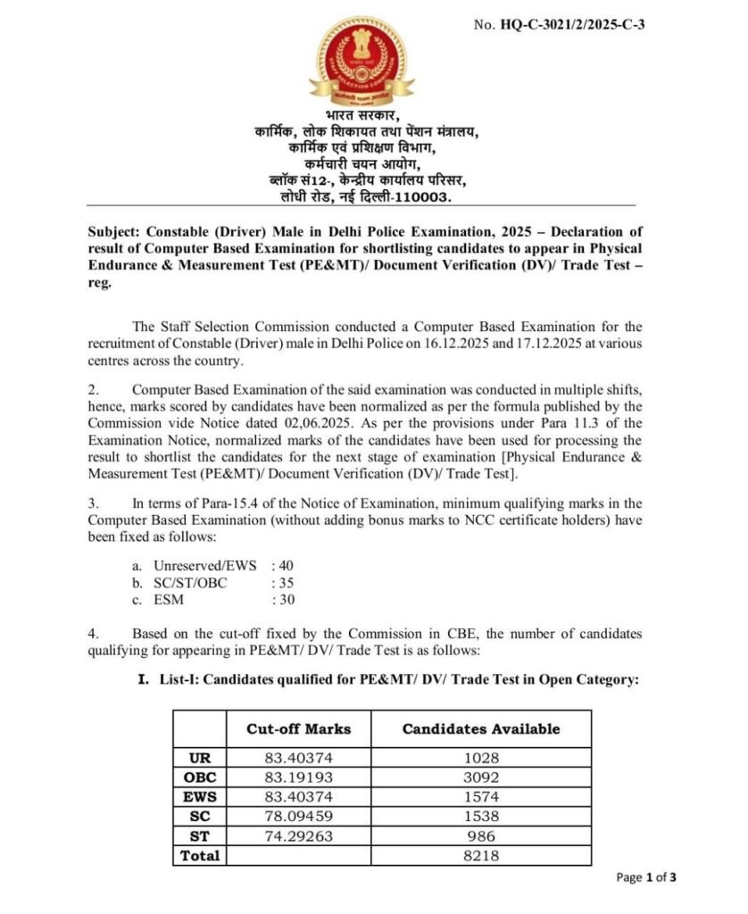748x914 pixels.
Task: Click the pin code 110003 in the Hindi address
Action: (422, 195)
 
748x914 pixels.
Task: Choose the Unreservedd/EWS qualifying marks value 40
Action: (284, 565)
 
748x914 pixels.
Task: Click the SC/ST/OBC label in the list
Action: (190, 582)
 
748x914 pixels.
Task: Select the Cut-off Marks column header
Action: (298, 728)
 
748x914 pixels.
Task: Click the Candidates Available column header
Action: (481, 728)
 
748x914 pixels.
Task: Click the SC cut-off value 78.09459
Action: (298, 816)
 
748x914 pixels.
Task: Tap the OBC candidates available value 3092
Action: (481, 777)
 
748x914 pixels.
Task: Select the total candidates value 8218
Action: (481, 855)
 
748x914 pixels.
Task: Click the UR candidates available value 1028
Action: (481, 757)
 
